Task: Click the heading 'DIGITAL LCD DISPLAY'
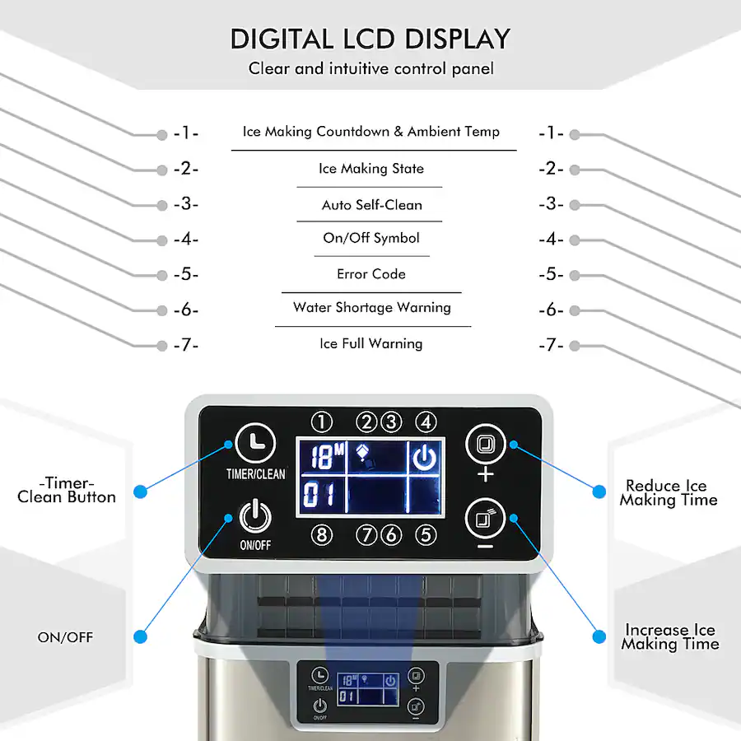[x=370, y=39]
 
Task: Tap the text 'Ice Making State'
[x=371, y=169]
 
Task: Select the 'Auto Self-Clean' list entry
[x=371, y=205]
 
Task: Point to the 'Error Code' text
[x=371, y=274]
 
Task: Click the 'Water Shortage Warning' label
[x=372, y=308]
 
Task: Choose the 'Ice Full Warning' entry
[x=371, y=343]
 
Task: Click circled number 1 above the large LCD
[x=322, y=422]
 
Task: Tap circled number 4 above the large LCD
[x=426, y=422]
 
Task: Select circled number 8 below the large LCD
[x=322, y=535]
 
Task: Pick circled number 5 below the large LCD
[x=426, y=535]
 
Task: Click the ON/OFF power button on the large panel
[x=255, y=516]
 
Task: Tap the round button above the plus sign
[x=485, y=445]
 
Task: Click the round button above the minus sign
[x=485, y=519]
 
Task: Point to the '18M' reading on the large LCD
[x=327, y=456]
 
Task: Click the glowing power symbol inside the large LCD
[x=424, y=457]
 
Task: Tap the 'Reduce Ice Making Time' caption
[x=668, y=493]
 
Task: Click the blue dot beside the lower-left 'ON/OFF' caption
[x=140, y=637]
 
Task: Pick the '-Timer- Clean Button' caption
[x=67, y=490]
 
